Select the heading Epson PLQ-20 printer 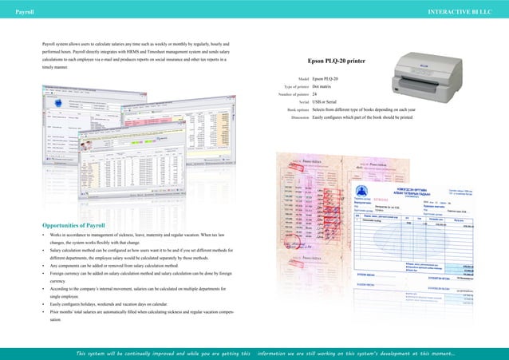341,61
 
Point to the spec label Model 302,79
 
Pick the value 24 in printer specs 316,95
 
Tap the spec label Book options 293,109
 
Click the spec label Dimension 295,117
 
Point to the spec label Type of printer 292,87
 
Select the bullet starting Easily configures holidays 120,303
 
